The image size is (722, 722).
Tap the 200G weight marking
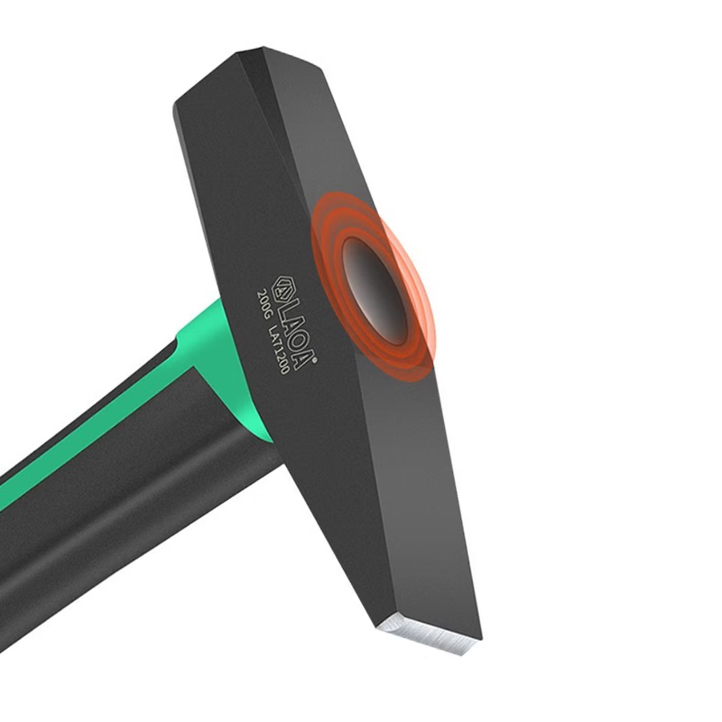tap(266, 304)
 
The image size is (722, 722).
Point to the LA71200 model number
tap(280, 347)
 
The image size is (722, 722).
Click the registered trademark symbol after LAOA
tap(315, 362)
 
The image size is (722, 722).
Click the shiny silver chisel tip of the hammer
tap(428, 635)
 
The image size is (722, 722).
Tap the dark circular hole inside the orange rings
tap(375, 291)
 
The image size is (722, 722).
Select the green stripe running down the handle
tap(92, 433)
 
